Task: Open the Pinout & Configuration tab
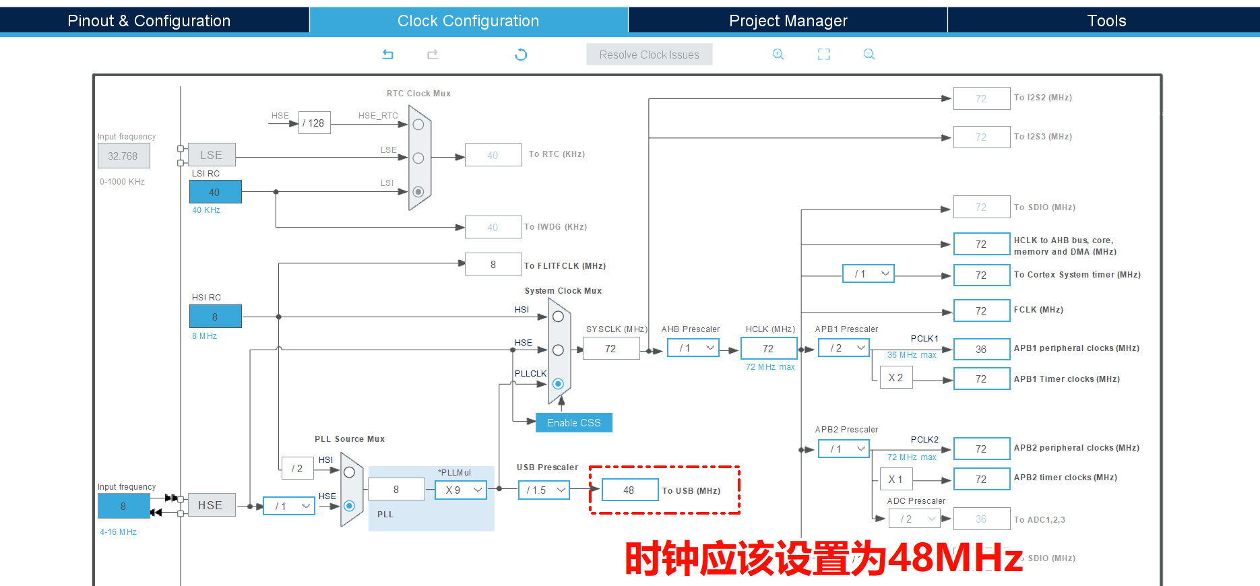pos(149,21)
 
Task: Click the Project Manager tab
pos(788,21)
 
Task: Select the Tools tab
pos(1106,21)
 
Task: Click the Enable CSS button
pos(573,423)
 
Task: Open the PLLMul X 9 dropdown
pos(460,490)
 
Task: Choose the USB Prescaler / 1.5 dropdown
pos(544,490)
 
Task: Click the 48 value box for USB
pos(629,490)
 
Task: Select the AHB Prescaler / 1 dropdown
pos(693,348)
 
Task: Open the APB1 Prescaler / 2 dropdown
pos(844,348)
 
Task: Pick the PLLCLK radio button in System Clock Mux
pos(558,384)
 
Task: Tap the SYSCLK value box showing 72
pos(610,349)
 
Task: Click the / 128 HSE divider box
pos(314,123)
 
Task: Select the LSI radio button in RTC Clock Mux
pos(418,192)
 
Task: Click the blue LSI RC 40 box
pos(215,193)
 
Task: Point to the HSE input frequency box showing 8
pos(123,506)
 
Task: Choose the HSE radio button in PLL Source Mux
pos(349,505)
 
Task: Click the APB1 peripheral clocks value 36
pos(981,350)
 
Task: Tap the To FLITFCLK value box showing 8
pos(493,265)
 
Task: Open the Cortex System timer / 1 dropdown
pos(868,274)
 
